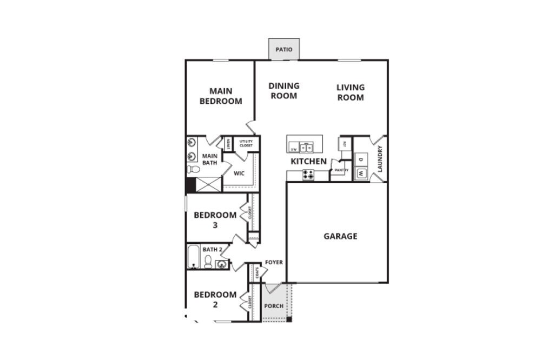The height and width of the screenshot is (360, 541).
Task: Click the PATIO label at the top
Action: pos(283,50)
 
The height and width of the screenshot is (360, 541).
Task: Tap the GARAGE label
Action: pos(340,236)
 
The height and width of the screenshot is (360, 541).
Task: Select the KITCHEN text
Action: pos(308,162)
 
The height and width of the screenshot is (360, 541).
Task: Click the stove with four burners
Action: pos(308,175)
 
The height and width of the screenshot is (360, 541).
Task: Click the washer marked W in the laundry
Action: pos(361,174)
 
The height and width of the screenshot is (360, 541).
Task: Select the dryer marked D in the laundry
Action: pos(361,159)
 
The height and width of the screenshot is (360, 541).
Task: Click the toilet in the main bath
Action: pos(193,169)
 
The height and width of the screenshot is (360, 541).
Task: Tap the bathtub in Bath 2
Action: pos(193,257)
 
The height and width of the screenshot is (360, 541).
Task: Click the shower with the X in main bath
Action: pos(208,184)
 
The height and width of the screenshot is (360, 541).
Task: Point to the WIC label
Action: pos(239,174)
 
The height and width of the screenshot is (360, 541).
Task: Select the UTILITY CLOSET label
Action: pos(246,143)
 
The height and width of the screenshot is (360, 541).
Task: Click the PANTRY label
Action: pos(341,170)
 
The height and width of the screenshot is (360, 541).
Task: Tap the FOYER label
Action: pos(274,262)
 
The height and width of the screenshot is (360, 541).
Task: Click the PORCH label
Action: pos(273,306)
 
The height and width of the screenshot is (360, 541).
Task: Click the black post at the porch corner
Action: pos(289,319)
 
